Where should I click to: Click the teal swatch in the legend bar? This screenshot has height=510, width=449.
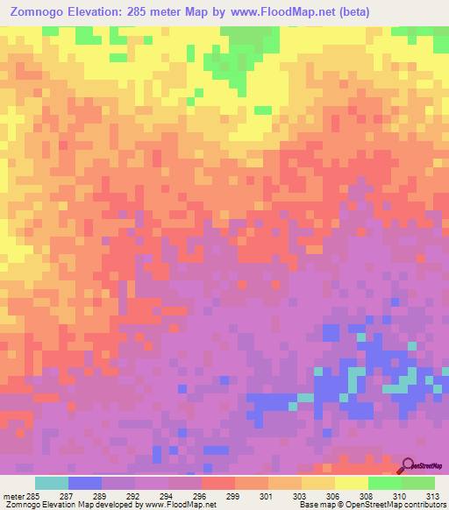pyautogui.click(x=52, y=483)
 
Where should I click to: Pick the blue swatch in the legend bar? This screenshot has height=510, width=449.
pyautogui.click(x=85, y=483)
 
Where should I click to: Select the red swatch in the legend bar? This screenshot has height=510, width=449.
pyautogui.click(x=218, y=483)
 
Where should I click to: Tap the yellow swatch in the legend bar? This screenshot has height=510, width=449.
pyautogui.click(x=352, y=483)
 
